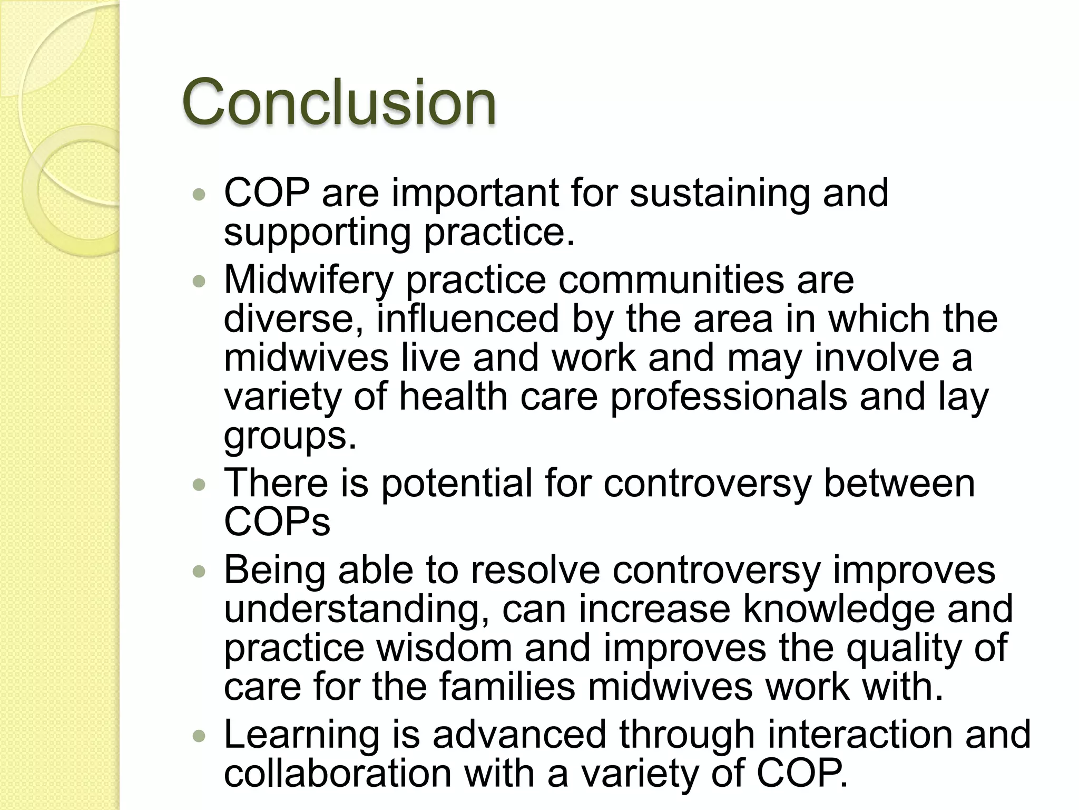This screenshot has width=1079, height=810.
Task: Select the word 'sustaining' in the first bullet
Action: click(720, 194)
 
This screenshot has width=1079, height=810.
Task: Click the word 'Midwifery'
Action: click(308, 280)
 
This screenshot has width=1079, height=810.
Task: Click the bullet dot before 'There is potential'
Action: click(199, 485)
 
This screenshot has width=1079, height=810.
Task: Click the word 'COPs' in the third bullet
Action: click(277, 522)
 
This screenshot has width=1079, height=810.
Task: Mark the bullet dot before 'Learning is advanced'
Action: click(199, 737)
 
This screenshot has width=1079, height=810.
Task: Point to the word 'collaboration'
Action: click(338, 774)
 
